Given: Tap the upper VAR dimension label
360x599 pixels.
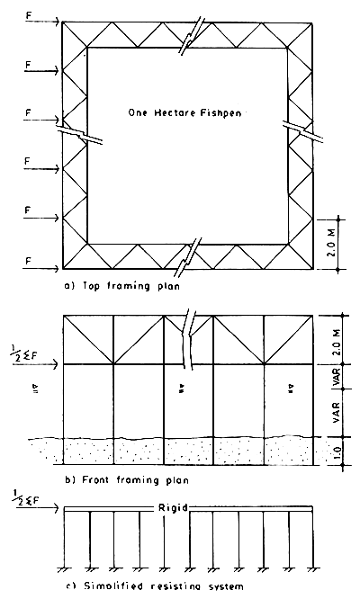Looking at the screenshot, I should click(x=335, y=377).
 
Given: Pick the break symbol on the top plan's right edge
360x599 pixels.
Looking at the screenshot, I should click(x=295, y=128).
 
